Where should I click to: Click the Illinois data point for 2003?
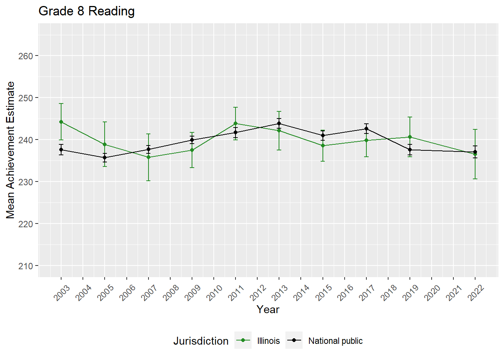[x=61, y=122]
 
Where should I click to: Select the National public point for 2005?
[x=105, y=157]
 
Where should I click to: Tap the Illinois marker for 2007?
[x=148, y=157]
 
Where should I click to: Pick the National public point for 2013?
[x=279, y=123]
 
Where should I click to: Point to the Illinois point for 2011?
[x=235, y=123]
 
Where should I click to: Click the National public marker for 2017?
[x=366, y=129]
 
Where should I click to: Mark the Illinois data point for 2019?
[x=410, y=137]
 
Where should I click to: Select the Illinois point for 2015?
[x=323, y=145]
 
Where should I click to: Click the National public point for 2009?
[x=192, y=140]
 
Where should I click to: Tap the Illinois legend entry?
[x=268, y=341]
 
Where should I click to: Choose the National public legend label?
[x=335, y=341]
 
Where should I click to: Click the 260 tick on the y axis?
[x=25, y=56]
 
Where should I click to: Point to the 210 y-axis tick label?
[x=25, y=266]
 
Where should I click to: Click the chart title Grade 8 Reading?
[x=87, y=11]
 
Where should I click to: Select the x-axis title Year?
[x=268, y=309]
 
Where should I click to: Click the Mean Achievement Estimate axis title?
[x=10, y=150]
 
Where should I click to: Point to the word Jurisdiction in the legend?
[x=201, y=341]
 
